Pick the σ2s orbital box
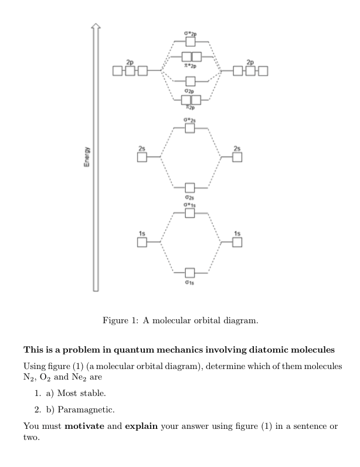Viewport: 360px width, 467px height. [189, 188]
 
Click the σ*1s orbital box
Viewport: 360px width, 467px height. [189, 213]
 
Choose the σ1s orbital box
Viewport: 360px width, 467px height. [189, 273]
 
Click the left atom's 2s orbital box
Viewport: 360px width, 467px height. [142, 157]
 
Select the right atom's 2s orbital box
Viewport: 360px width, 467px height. [237, 157]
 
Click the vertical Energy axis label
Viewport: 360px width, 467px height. [86, 157]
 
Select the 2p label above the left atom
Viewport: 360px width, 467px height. [129, 62]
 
